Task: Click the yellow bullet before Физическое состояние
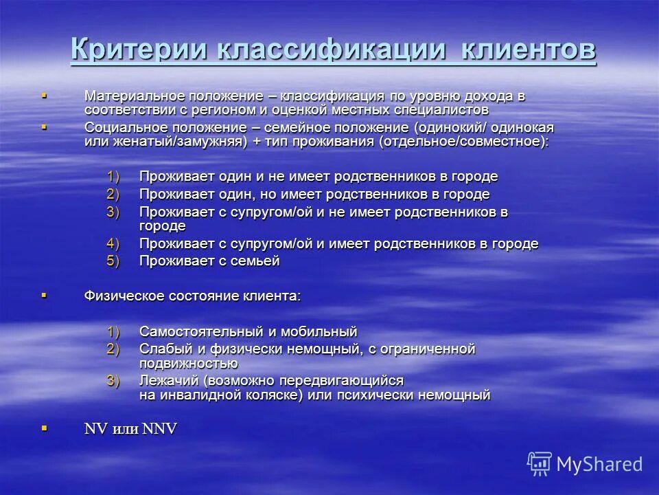pyautogui.click(x=45, y=295)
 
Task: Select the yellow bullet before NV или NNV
pyautogui.click(x=45, y=428)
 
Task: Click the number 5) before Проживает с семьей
pyautogui.click(x=113, y=261)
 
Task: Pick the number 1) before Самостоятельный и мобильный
pyautogui.click(x=113, y=331)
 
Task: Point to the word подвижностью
pyautogui.click(x=189, y=363)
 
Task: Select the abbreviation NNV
pyautogui.click(x=160, y=429)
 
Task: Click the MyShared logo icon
pyautogui.click(x=539, y=463)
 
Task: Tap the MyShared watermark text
pyautogui.click(x=599, y=464)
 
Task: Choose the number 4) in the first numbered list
pyautogui.click(x=113, y=243)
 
